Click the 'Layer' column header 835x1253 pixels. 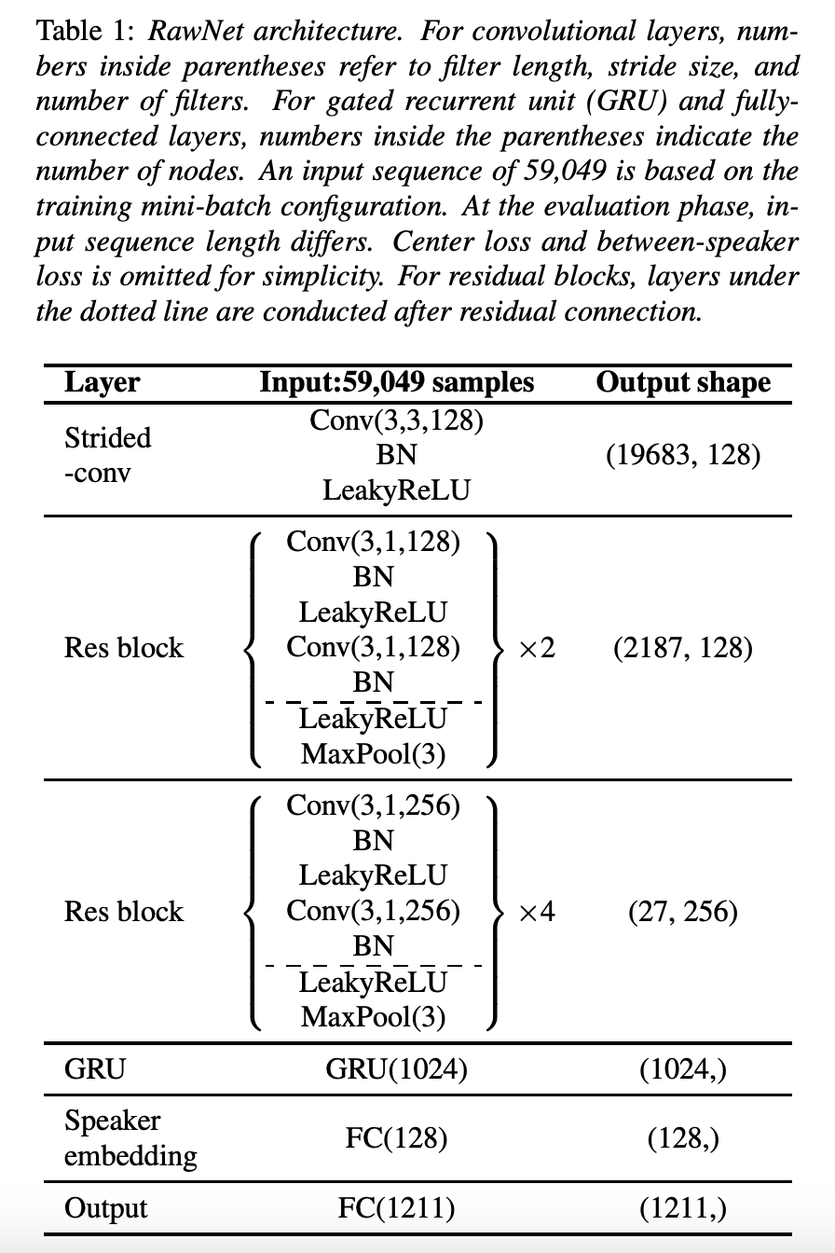point(102,382)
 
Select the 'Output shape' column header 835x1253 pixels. point(683,382)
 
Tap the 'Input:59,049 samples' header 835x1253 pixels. point(397,382)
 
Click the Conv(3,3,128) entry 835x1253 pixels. point(396,420)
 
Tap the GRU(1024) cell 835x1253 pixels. point(396,1069)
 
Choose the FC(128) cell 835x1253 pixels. point(396,1138)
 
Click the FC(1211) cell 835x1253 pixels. point(396,1209)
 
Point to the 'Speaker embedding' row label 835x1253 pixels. point(130,1138)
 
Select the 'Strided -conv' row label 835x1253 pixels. point(107,455)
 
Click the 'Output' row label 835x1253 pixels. point(105,1209)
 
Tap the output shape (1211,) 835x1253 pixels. point(683,1209)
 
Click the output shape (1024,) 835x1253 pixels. point(683,1069)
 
